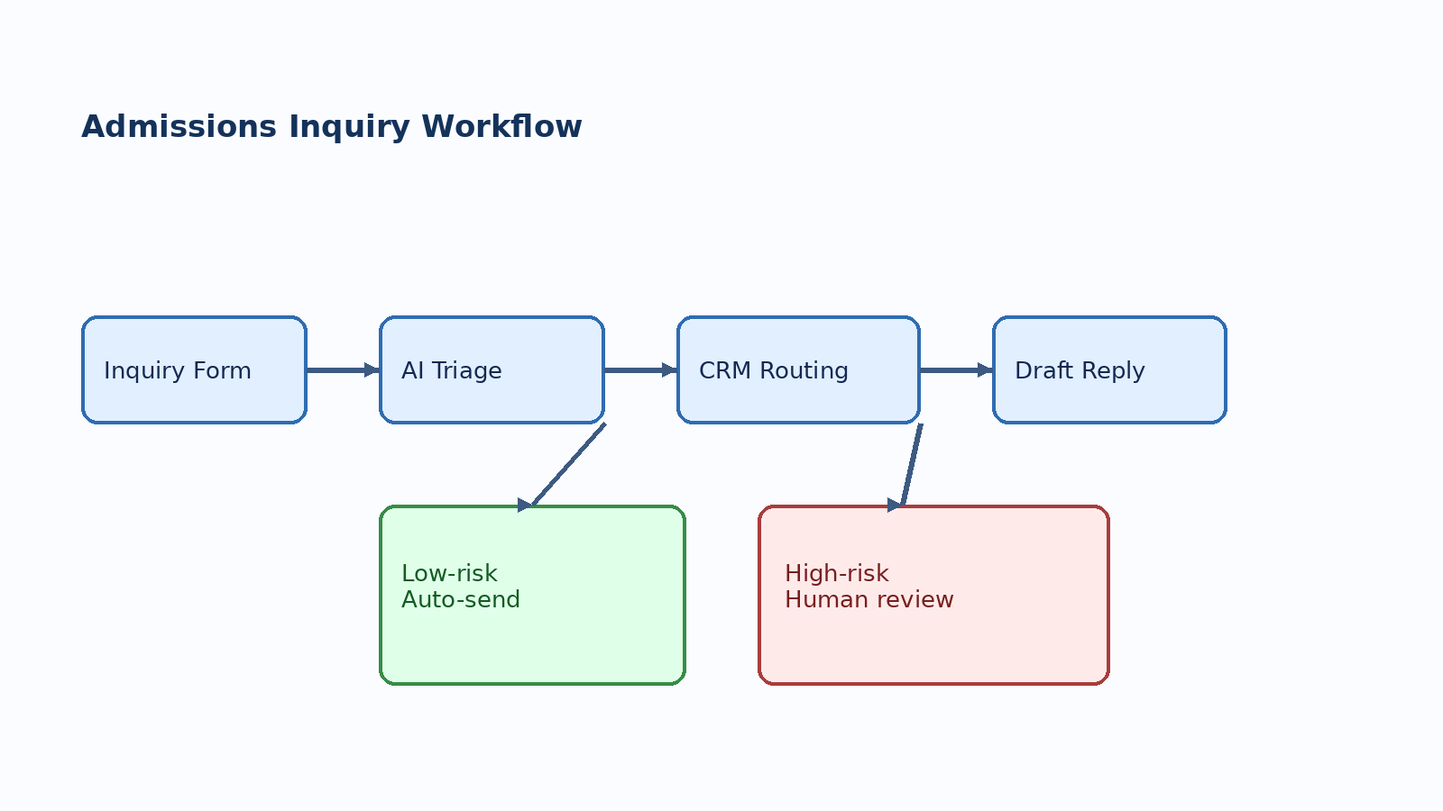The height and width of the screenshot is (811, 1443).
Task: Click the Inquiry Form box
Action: tap(194, 369)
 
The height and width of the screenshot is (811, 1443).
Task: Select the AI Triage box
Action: tap(492, 369)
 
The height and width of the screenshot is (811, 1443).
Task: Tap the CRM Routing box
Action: tap(798, 369)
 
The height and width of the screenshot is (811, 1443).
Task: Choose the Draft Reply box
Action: tap(1109, 369)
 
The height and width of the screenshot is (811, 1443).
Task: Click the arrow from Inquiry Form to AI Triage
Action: tap(341, 369)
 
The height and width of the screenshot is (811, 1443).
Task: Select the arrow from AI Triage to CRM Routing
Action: tap(639, 369)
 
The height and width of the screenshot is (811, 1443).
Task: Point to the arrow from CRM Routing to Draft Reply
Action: tap(954, 369)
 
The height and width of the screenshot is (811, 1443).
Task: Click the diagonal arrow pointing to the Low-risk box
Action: tap(568, 465)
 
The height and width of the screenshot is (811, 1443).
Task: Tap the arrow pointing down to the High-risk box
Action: tap(912, 465)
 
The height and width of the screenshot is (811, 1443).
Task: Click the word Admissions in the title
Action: tap(179, 126)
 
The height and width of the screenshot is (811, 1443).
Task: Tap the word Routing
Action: tap(804, 370)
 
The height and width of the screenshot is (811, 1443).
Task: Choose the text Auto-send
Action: tap(461, 599)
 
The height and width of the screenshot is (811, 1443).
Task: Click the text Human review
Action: tap(869, 599)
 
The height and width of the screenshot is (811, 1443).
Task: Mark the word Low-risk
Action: tap(449, 573)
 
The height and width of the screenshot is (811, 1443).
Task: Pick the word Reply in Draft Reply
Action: tap(1112, 370)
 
